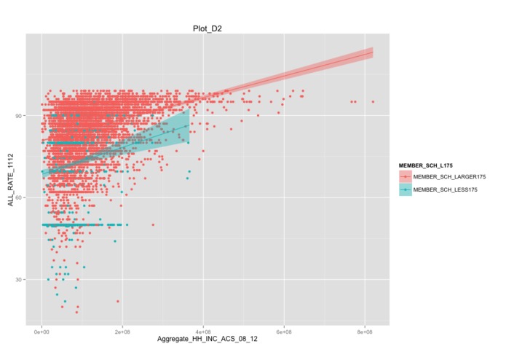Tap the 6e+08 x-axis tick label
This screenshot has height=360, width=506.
click(284, 332)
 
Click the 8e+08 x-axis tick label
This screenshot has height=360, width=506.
click(365, 332)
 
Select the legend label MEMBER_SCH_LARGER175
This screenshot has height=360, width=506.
click(448, 177)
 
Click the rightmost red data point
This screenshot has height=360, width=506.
click(373, 102)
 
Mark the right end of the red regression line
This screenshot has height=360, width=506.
click(373, 53)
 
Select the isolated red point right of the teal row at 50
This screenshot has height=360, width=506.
click(153, 225)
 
